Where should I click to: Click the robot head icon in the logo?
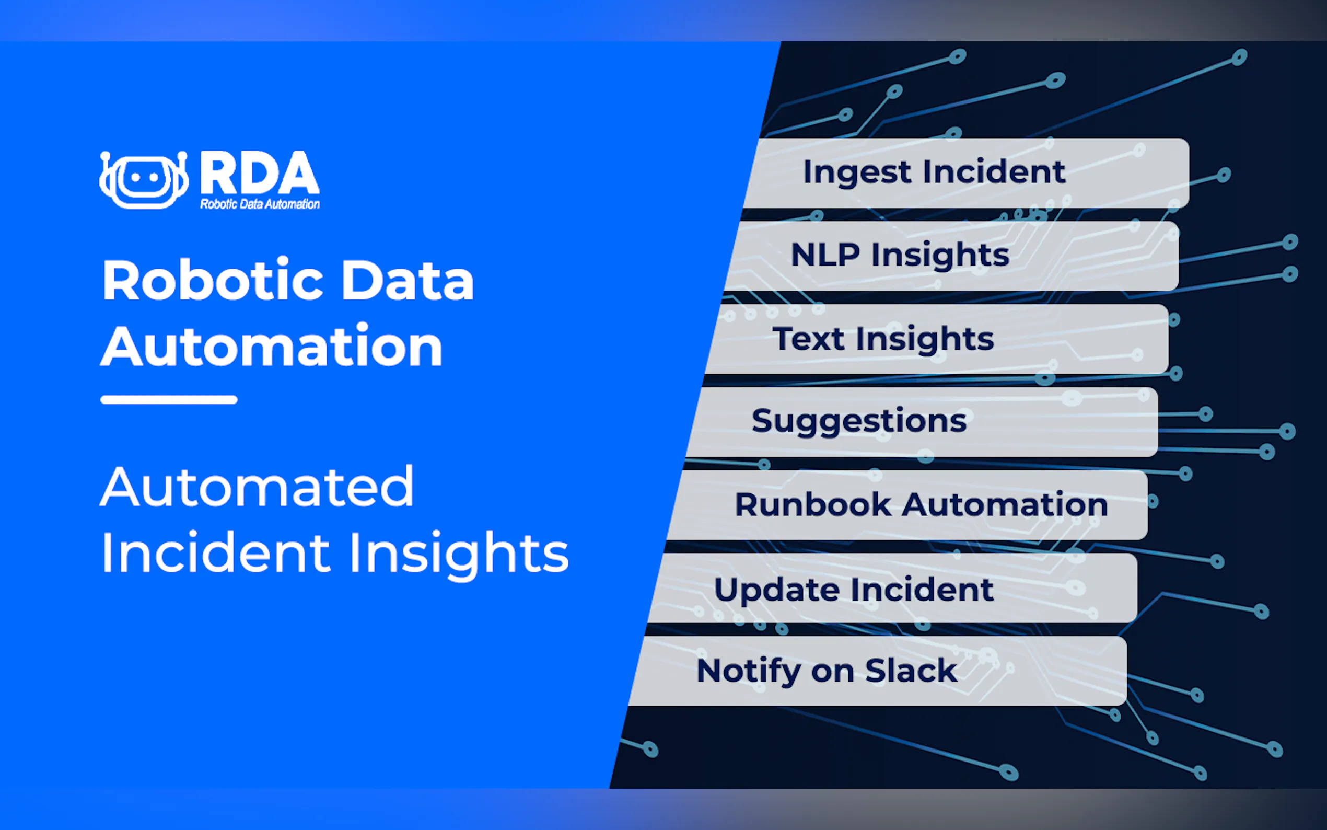coord(144,179)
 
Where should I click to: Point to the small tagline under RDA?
coord(260,204)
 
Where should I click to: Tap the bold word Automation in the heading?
coord(272,346)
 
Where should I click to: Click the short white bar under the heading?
coord(169,400)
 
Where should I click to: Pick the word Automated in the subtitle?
coord(257,487)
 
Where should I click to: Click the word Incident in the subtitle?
coord(216,552)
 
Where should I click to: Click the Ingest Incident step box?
coord(966,173)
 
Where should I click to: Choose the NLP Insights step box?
coord(952,256)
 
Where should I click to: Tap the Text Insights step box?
coord(937,339)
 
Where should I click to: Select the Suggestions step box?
coord(922,422)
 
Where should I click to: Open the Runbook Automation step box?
coord(907,504)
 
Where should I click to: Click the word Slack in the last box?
coord(911,670)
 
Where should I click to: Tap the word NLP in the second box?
coord(825,255)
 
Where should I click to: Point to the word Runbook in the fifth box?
coord(813,504)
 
